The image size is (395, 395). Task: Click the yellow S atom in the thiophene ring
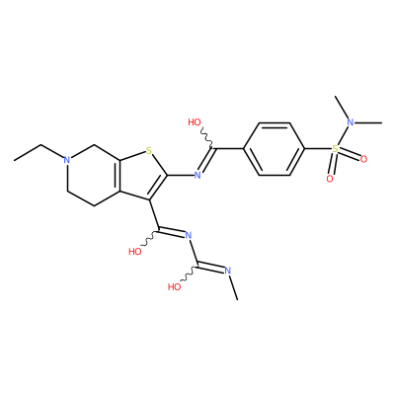(149, 151)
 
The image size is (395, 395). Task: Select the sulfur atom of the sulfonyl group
(335, 149)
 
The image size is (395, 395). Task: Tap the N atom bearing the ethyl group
(67, 160)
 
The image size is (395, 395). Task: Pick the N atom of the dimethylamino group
(351, 122)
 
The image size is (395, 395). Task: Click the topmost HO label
(195, 122)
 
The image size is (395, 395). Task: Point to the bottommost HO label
(175, 286)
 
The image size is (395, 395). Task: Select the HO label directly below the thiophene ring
(135, 252)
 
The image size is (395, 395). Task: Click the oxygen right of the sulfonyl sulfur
(363, 160)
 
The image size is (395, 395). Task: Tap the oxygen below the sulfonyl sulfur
(330, 179)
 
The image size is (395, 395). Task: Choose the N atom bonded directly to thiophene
(197, 175)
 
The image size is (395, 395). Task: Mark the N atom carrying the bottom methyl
(227, 271)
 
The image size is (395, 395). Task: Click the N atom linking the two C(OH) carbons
(189, 235)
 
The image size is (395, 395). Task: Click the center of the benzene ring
(275, 149)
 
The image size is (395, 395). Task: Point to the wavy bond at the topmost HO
(207, 138)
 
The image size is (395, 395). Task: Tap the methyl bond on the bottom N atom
(233, 287)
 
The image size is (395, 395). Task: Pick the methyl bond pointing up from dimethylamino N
(342, 108)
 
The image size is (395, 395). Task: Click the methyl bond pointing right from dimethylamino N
(368, 122)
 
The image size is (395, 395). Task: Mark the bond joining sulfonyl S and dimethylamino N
(343, 135)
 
